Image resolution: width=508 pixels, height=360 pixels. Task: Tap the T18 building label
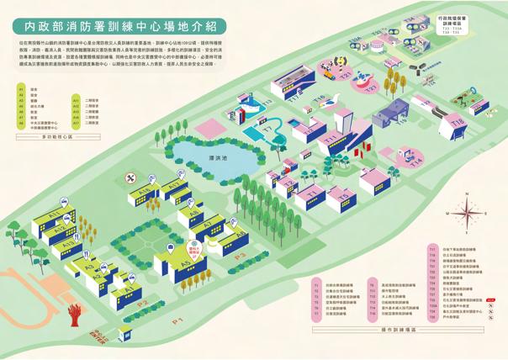pyautogui.click(x=458, y=123)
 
